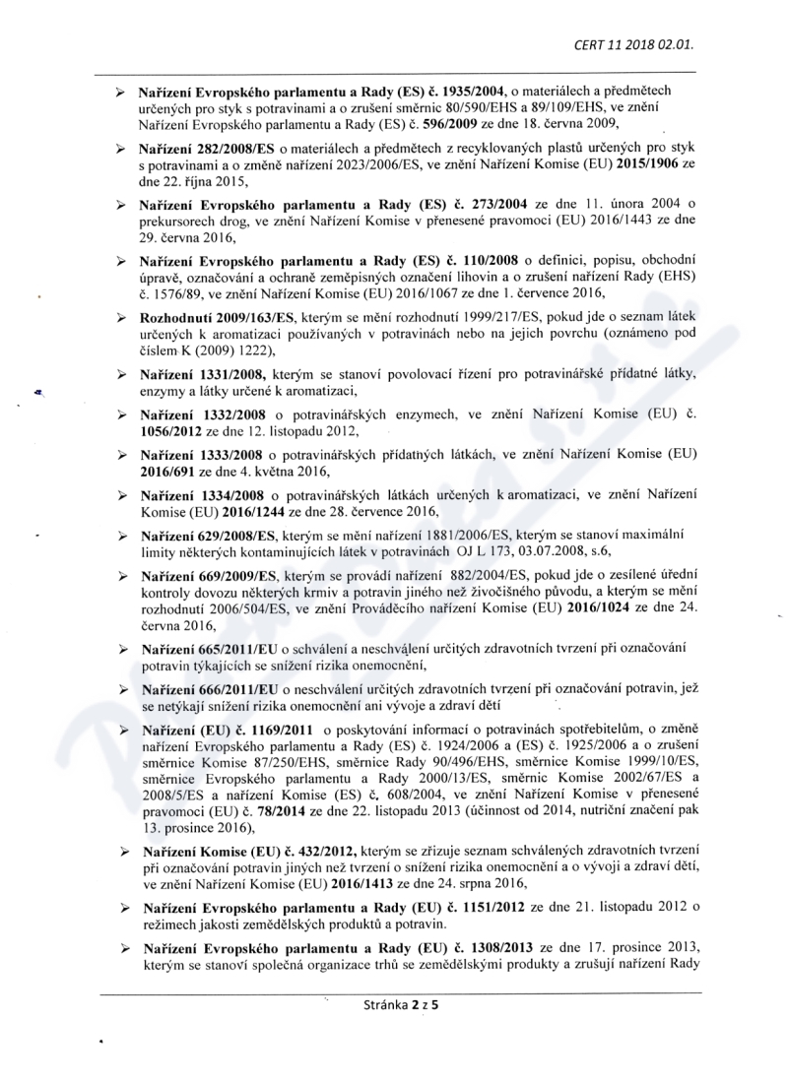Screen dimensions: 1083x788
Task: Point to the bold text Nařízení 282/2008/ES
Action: pos(201,147)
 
